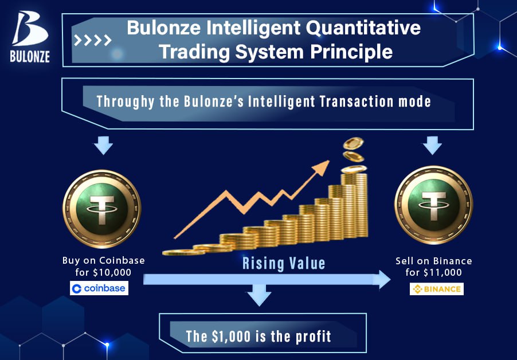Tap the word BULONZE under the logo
point(30,56)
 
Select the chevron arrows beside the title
point(93,40)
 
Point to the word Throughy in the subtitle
point(126,101)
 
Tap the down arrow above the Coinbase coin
point(103,146)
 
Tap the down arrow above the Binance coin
point(432,146)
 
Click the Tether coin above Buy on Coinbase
point(102,209)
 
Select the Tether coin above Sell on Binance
point(433,205)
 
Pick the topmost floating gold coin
point(353,143)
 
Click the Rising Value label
point(284,264)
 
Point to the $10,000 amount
point(112,273)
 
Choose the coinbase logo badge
point(99,288)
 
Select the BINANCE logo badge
point(437,289)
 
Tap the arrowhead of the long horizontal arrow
point(382,280)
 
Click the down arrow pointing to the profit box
point(259,295)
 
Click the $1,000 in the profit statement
point(232,336)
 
